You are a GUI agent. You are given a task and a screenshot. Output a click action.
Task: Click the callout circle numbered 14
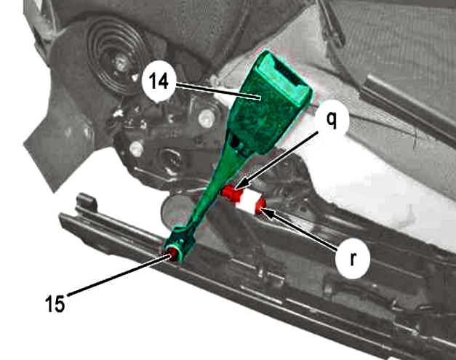159,81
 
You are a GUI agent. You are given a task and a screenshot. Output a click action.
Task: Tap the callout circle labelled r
353,259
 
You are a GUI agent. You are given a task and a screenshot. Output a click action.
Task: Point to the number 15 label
55,303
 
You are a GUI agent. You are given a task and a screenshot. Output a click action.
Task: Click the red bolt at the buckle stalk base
173,253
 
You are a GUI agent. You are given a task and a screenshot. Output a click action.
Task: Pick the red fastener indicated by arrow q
231,193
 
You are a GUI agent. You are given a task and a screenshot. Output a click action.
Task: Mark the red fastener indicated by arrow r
260,206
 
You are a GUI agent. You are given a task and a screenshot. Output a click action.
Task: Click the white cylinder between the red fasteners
248,200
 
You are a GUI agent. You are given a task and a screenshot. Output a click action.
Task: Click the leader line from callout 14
217,92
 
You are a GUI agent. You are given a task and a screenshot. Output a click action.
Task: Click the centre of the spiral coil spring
121,63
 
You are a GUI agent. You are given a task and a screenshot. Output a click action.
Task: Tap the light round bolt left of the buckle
206,119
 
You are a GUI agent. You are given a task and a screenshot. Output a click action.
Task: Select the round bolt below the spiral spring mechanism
136,149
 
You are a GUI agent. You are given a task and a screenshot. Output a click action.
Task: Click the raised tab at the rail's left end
87,201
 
